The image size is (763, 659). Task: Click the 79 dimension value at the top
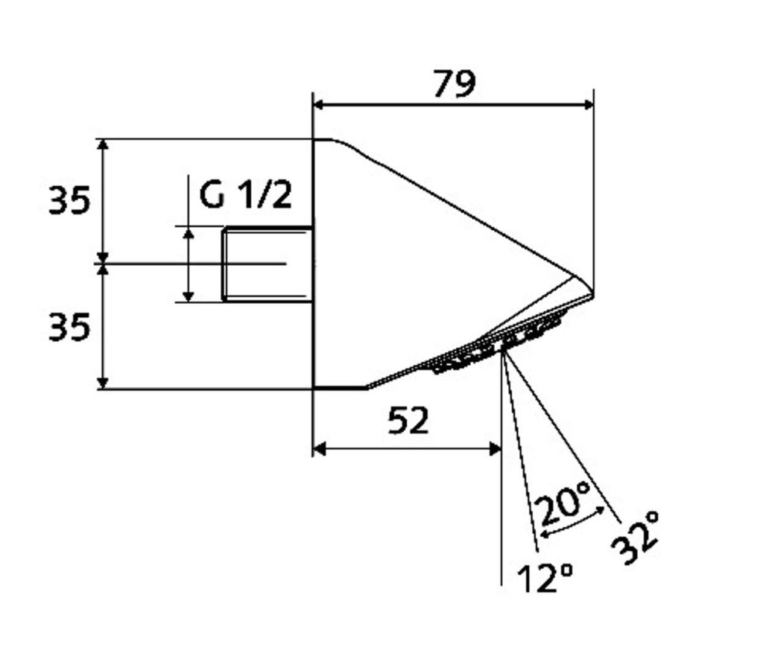pyautogui.click(x=454, y=83)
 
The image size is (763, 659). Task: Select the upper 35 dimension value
pyautogui.click(x=69, y=200)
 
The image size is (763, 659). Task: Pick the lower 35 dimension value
pyautogui.click(x=69, y=326)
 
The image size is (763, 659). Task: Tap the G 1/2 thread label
pyautogui.click(x=246, y=196)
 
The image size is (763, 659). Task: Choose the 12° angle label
pyautogui.click(x=545, y=579)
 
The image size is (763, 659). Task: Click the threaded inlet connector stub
pyautogui.click(x=267, y=264)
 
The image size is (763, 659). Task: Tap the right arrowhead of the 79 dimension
pyautogui.click(x=589, y=104)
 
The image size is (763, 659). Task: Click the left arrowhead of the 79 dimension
pyautogui.click(x=319, y=104)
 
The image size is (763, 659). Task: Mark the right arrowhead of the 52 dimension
pyautogui.click(x=496, y=449)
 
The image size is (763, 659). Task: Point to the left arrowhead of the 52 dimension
pyautogui.click(x=319, y=449)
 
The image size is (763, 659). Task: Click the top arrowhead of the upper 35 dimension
pyautogui.click(x=103, y=145)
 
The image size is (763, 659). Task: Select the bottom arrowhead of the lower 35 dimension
pyautogui.click(x=103, y=383)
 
